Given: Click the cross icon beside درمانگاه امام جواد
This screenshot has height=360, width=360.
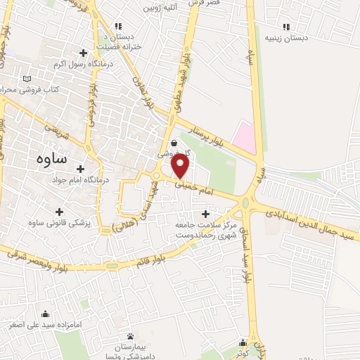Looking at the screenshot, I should point(82,169).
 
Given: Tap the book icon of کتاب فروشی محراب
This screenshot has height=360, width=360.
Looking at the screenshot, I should point(27,79).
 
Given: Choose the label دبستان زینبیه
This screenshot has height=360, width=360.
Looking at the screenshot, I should point(285,39).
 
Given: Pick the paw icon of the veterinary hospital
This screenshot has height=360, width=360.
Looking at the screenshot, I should point(131,335).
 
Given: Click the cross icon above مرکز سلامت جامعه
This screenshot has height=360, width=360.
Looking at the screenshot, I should point(205,214).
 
